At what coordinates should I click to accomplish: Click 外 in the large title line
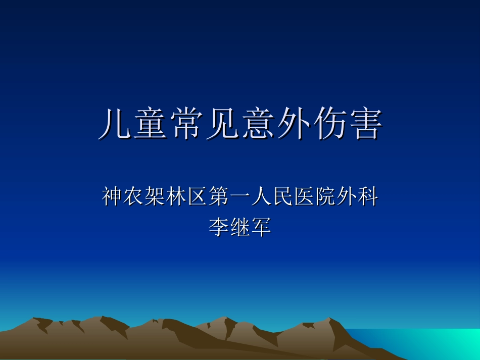coord(293,125)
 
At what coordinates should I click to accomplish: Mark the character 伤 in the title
coord(329,125)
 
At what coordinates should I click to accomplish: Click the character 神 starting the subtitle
coord(113,197)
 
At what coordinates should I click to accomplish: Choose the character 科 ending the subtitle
coord(367,197)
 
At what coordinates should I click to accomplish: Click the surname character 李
coord(219,227)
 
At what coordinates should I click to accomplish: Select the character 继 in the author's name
coord(240,227)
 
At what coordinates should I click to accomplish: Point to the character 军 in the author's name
coord(261,227)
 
